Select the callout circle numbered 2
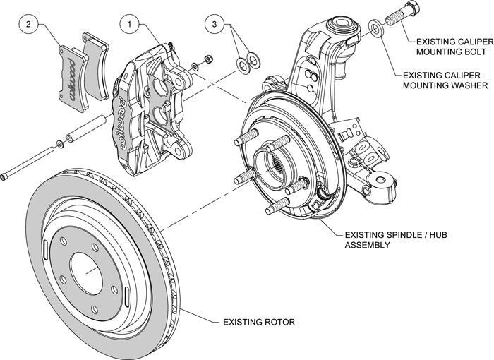tap(28, 25)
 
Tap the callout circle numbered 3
tap(217, 25)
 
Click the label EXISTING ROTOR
tap(258, 323)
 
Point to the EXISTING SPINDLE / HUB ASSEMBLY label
tap(390, 240)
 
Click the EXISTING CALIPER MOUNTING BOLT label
tap(452, 47)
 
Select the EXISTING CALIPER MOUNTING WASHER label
tap(445, 80)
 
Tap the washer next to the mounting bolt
tap(377, 27)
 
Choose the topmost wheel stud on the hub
tap(248, 137)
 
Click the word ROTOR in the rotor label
tap(278, 323)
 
